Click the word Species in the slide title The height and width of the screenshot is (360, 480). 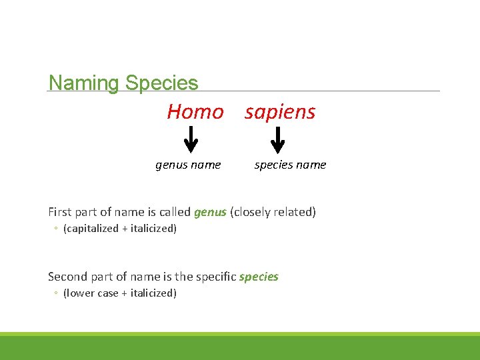pyautogui.click(x=161, y=84)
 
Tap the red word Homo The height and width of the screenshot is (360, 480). pyautogui.click(x=195, y=112)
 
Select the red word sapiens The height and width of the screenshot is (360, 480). pyautogui.click(x=280, y=112)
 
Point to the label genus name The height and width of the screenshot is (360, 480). pyautogui.click(x=188, y=165)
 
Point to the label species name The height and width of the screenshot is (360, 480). pyautogui.click(x=291, y=165)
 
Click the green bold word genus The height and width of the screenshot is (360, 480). pyautogui.click(x=210, y=212)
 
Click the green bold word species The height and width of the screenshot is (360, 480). pyautogui.click(x=259, y=276)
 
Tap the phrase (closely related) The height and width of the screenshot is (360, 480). pyautogui.click(x=273, y=212)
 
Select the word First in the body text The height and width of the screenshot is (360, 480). pyautogui.click(x=60, y=212)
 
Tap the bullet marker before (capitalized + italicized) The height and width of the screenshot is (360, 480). pyautogui.click(x=56, y=229)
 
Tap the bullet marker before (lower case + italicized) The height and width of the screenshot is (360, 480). pyautogui.click(x=56, y=294)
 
